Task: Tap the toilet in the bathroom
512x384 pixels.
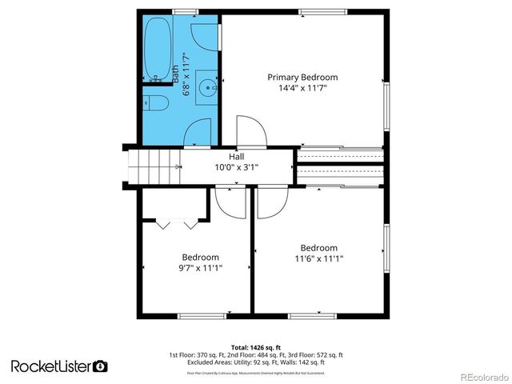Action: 155,103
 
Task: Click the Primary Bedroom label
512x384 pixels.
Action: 302,78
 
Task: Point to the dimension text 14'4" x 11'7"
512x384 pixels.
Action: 302,89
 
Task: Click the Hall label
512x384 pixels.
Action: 237,157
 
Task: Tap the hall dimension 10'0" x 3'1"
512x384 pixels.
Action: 237,168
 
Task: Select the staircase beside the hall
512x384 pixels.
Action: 152,168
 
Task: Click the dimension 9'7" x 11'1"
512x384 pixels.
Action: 199,269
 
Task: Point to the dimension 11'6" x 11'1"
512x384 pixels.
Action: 318,258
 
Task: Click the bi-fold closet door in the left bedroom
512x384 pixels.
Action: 174,223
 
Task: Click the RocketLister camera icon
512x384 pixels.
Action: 100,366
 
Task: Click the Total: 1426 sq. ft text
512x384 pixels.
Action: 255,347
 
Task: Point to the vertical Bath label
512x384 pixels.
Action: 176,75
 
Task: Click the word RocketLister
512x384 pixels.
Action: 50,366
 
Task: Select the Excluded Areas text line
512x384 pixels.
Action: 255,363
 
